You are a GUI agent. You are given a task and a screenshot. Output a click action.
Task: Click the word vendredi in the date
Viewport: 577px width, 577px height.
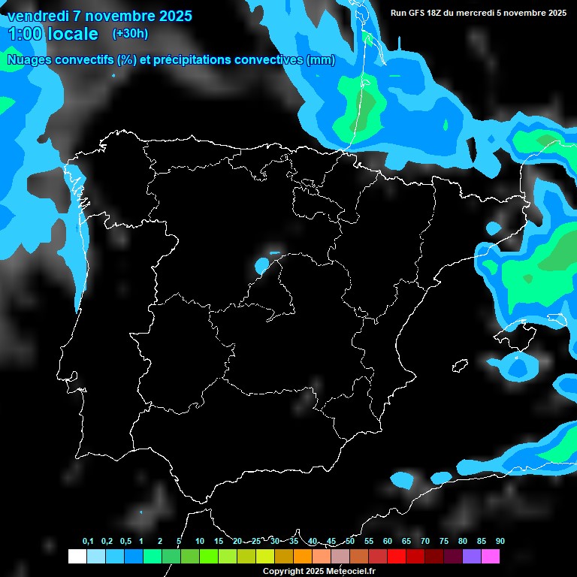38,16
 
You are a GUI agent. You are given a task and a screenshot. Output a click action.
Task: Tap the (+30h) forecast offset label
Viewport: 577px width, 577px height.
130,33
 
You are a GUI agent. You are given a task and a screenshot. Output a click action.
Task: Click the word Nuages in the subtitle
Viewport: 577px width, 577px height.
29,60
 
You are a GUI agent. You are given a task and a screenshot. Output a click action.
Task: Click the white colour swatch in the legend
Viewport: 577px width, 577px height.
77,556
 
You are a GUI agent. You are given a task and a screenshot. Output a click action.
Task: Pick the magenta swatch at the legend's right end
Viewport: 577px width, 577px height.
491,556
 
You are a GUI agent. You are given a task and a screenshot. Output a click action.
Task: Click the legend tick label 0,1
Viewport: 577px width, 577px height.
87,542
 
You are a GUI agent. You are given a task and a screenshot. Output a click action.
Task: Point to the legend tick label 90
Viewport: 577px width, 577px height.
500,542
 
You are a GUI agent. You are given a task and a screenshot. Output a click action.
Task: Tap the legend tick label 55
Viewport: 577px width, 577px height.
368,542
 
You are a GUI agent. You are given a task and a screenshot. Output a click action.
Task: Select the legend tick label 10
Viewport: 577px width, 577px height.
199,542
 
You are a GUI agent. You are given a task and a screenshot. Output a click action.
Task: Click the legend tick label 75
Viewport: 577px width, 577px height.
443,542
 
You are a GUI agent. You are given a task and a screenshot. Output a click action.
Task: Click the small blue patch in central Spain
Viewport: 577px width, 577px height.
262,265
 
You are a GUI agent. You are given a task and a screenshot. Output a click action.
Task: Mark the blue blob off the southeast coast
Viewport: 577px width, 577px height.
518,366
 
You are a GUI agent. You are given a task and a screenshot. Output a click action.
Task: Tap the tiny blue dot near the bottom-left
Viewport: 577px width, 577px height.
141,512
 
